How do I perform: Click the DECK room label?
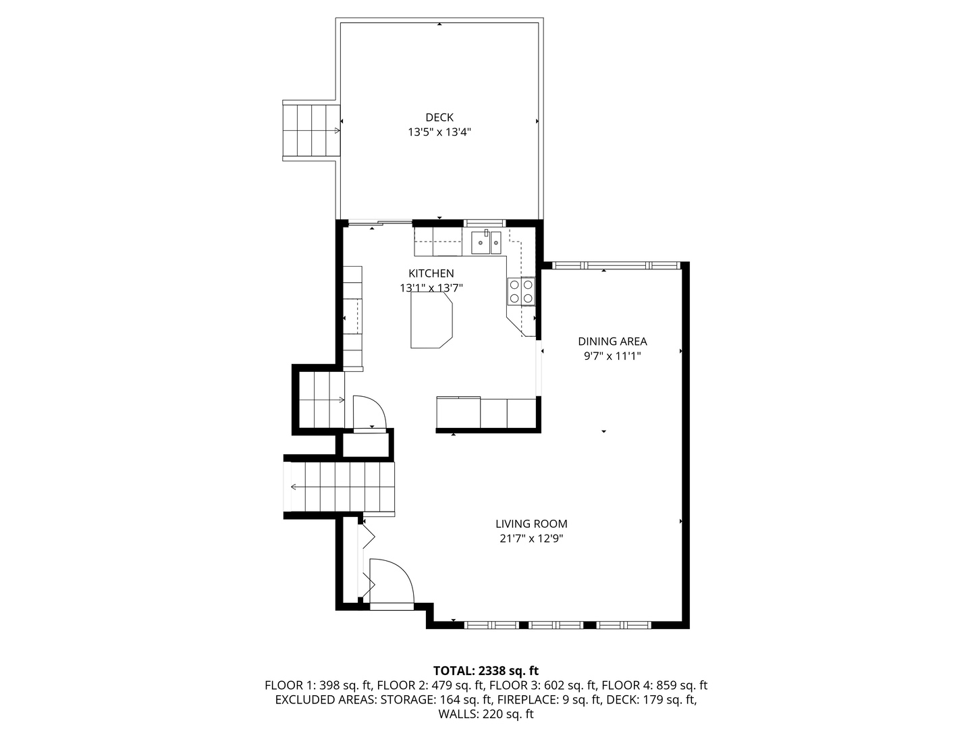coord(439,117)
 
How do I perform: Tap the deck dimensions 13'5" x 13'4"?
coord(439,132)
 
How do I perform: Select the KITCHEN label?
coord(431,273)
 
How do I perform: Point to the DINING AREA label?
coord(612,342)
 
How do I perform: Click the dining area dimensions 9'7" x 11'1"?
coord(612,356)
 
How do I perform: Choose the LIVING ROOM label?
coord(531,524)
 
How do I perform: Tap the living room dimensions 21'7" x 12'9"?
coord(531,539)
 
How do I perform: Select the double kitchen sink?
coord(486,242)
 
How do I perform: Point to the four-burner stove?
coord(521,292)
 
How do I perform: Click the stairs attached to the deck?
coord(310,130)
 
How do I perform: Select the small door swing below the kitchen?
coord(369,411)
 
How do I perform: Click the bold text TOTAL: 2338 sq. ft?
coord(486,671)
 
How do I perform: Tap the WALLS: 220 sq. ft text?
coord(486,713)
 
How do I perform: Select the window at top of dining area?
coord(614,265)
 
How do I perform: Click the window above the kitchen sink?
coord(485,223)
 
